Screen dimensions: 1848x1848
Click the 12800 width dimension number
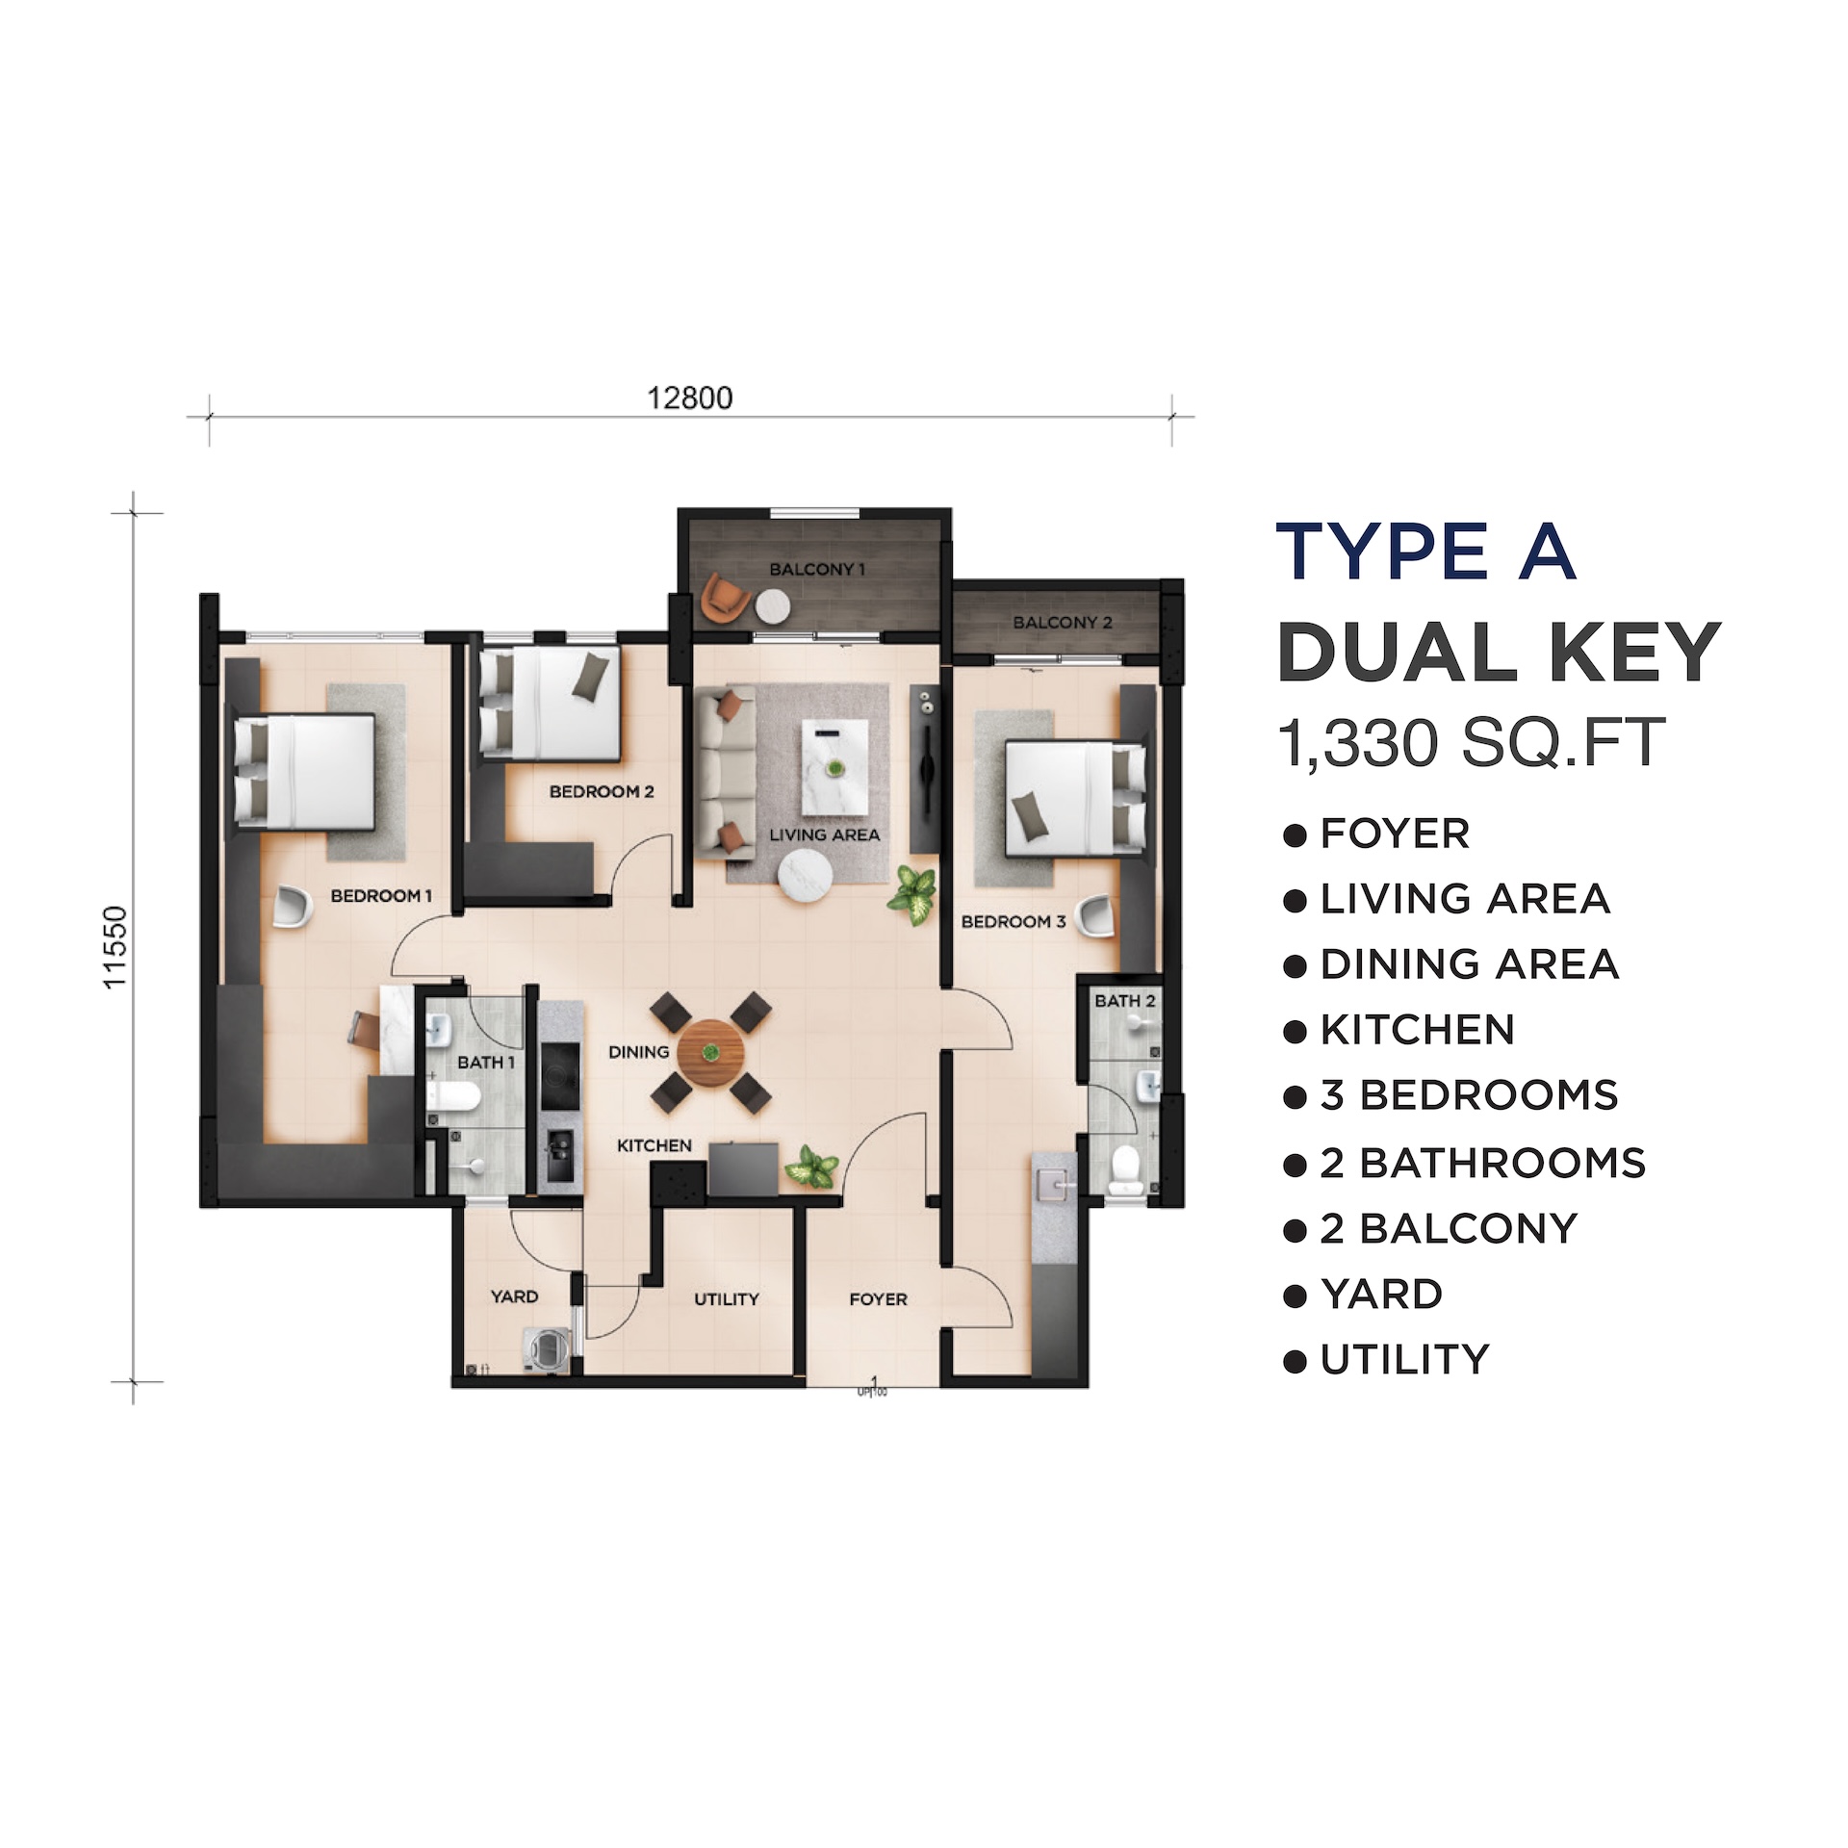[689, 398]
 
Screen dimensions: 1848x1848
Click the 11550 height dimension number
[115, 947]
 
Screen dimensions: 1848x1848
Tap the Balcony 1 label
[817, 569]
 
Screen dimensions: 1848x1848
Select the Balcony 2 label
[1063, 623]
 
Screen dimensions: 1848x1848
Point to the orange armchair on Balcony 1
[725, 597]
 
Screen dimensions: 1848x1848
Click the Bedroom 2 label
[602, 791]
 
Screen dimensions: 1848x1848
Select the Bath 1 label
[486, 1063]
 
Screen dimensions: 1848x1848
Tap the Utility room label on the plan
[727, 1299]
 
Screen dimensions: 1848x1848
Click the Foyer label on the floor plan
[878, 1299]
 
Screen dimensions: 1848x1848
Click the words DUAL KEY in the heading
[1499, 653]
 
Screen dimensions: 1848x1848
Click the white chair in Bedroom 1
[293, 906]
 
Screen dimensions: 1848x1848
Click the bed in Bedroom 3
[1075, 797]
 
